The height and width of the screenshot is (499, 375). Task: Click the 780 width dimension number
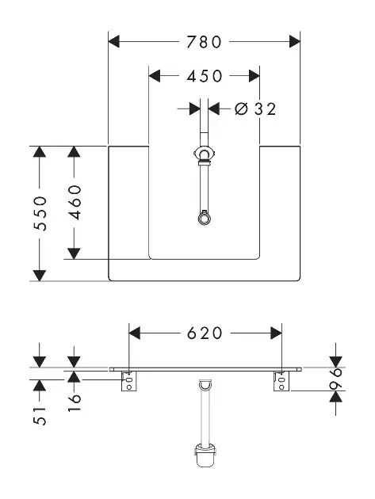204,42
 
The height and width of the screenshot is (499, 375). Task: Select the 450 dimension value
205,76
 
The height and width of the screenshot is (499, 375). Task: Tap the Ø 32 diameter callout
255,109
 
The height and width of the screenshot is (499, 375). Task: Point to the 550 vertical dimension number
40,214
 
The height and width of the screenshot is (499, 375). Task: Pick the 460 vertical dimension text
75,203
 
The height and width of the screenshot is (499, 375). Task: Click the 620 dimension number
205,333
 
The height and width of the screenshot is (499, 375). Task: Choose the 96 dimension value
336,379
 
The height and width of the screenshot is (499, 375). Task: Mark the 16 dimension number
75,402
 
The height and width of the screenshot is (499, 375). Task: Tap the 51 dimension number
40,416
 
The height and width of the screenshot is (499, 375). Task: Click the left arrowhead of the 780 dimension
113,42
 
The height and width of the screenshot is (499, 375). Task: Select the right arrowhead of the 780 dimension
295,42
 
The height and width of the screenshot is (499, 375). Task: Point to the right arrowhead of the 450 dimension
254,76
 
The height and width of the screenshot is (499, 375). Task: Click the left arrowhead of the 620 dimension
135,333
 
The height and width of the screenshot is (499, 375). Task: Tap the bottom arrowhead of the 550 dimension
40,276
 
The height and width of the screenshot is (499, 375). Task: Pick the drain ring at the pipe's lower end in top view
204,219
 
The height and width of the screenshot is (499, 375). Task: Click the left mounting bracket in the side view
129,381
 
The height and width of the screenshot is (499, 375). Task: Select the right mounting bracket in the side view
281,381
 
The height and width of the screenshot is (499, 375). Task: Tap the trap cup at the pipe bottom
205,456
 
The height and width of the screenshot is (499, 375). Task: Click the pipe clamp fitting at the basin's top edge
204,154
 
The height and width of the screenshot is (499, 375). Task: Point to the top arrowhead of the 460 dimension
74,151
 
